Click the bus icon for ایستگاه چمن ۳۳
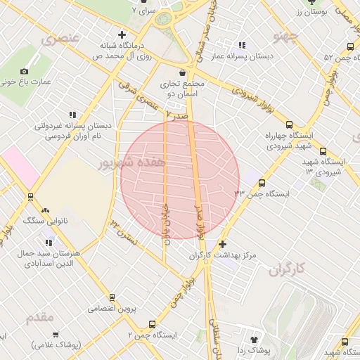262,183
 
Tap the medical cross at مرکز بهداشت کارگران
223,245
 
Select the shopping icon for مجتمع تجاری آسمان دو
183,72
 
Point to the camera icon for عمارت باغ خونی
25,71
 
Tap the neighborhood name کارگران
289,268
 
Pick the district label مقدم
39,317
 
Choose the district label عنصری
60,39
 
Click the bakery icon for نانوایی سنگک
46,210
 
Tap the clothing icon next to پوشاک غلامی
56,335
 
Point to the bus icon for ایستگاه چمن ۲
152,324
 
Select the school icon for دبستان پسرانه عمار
243,45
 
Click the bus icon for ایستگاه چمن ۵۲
350,47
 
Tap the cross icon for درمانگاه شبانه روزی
122,34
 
